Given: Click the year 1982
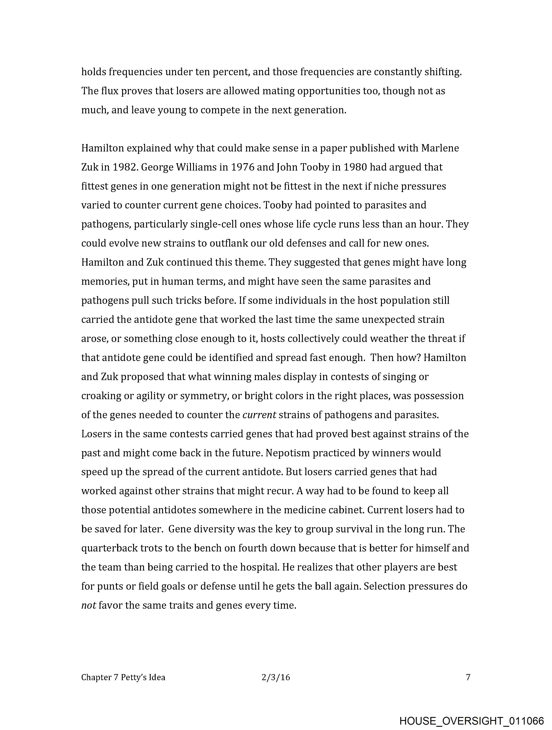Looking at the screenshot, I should pyautogui.click(x=124, y=167).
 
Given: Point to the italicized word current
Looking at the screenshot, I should pyautogui.click(x=259, y=415).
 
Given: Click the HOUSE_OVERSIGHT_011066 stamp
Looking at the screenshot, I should pyautogui.click(x=471, y=721).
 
